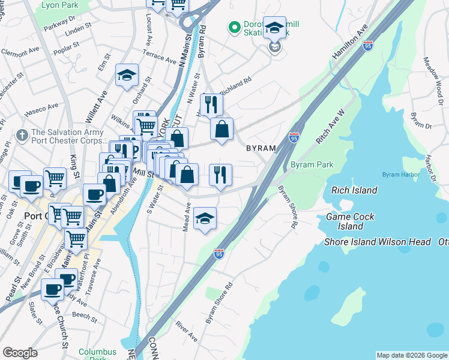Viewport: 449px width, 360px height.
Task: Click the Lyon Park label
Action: click(60, 5)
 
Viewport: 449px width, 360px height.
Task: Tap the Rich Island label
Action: click(354, 190)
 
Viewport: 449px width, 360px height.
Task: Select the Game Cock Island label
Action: click(350, 221)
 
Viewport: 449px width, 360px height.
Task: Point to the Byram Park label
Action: click(312, 164)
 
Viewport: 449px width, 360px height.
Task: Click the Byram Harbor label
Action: click(397, 175)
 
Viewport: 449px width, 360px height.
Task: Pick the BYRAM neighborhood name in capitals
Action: click(261, 148)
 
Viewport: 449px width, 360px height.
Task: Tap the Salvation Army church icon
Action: click(22, 133)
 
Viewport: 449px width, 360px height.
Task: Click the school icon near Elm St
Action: click(127, 74)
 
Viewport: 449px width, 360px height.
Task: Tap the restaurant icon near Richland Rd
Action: click(211, 104)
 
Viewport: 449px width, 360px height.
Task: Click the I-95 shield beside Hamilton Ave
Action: click(368, 44)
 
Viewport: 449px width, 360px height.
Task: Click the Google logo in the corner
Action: click(20, 353)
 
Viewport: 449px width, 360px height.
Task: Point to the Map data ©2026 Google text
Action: click(412, 355)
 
